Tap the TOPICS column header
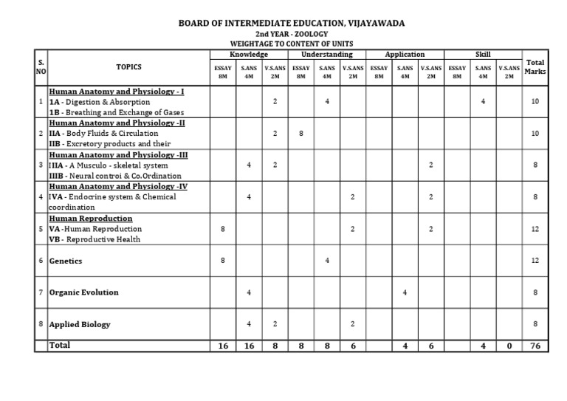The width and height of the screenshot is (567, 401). point(128,66)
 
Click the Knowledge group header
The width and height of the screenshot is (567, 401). point(249,54)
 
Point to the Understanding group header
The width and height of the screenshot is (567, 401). point(327,54)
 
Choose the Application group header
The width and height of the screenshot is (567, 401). point(405,54)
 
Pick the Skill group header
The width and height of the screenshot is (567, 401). point(483,54)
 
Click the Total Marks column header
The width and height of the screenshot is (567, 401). point(535,67)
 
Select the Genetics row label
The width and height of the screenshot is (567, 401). point(66,261)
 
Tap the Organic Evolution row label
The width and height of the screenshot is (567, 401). point(83,292)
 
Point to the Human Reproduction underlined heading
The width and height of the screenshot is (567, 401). point(91,219)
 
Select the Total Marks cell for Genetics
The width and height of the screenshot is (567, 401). point(535,261)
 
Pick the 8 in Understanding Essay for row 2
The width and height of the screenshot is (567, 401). point(301,134)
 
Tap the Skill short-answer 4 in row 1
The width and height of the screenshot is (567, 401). point(483,101)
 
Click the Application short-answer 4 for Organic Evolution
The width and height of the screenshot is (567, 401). point(405,292)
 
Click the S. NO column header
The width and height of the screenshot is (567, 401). point(41,67)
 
